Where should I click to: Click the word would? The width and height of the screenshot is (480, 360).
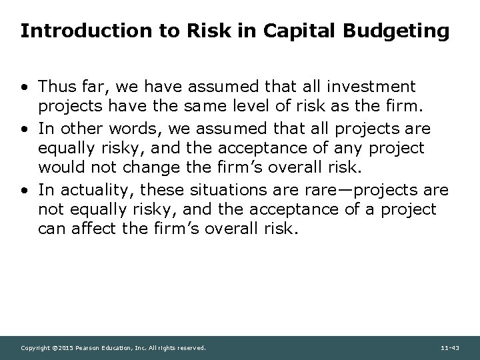(x=59, y=165)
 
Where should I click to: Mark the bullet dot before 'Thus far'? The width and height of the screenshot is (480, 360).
(x=24, y=87)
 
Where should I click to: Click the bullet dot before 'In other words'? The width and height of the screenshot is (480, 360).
(x=24, y=129)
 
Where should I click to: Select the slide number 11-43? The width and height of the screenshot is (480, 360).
(x=450, y=348)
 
